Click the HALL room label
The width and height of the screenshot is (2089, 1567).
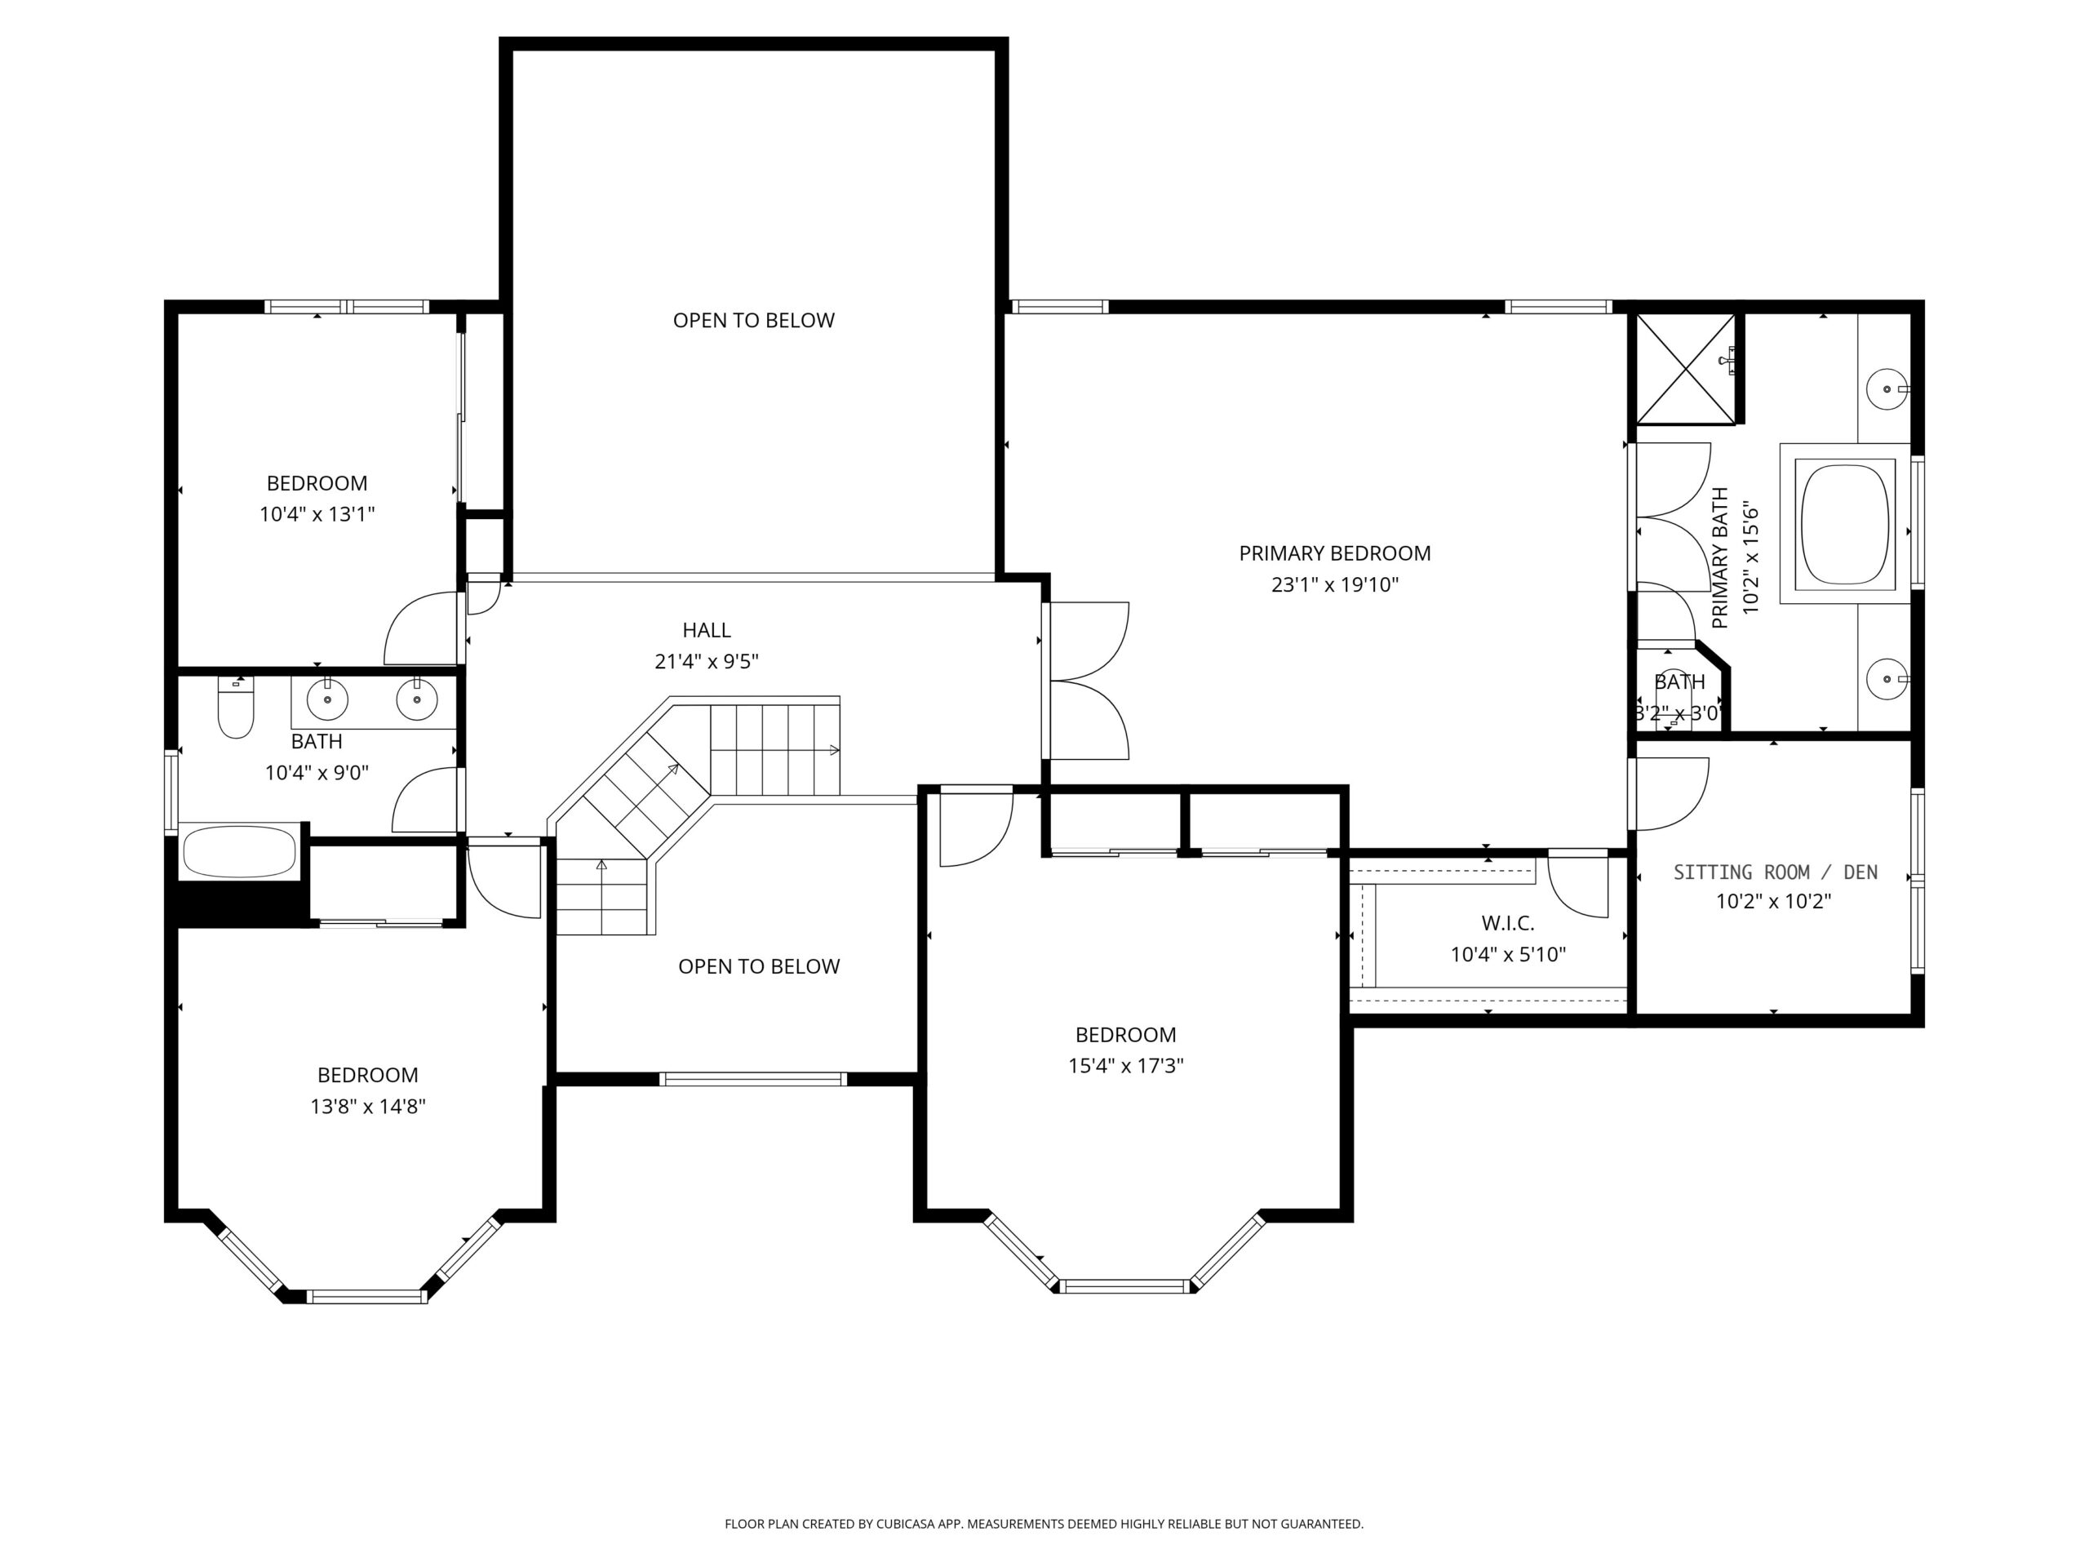[707, 630]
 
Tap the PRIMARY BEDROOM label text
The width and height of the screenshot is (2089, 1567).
[1334, 553]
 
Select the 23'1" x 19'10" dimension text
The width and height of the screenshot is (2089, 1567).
[1334, 584]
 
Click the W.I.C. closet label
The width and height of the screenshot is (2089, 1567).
[1507, 924]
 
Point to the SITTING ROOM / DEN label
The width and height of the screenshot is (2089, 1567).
[1776, 872]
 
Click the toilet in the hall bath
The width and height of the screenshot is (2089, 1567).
[235, 708]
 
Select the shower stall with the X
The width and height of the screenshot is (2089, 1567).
[1686, 368]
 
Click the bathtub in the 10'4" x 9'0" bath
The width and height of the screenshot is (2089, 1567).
[240, 852]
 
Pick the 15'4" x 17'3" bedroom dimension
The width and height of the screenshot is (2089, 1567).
[1126, 1065]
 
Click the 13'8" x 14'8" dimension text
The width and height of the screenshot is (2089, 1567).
[368, 1106]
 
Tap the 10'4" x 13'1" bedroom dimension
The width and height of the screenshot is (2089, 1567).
[317, 515]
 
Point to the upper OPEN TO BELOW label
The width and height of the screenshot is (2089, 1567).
[754, 320]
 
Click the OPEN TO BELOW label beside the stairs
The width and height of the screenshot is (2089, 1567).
[759, 966]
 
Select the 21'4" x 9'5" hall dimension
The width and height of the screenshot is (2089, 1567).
[707, 661]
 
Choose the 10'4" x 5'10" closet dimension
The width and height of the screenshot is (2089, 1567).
[1508, 955]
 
